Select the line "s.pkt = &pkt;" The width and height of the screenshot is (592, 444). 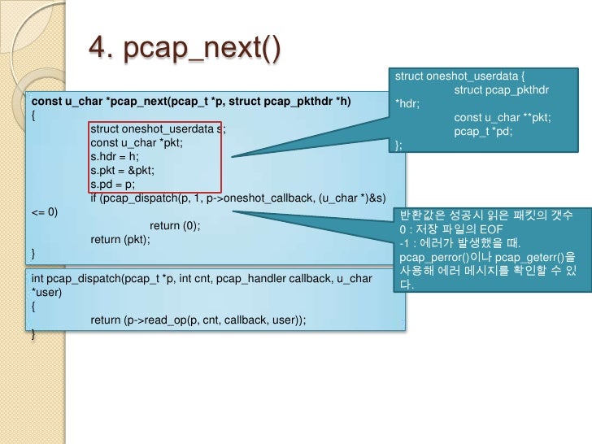[x=122, y=170]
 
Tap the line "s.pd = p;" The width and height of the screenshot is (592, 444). [x=115, y=184]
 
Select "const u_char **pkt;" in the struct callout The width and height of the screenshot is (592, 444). [x=502, y=118]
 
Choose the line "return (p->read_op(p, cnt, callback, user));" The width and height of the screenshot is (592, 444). [x=198, y=320]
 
